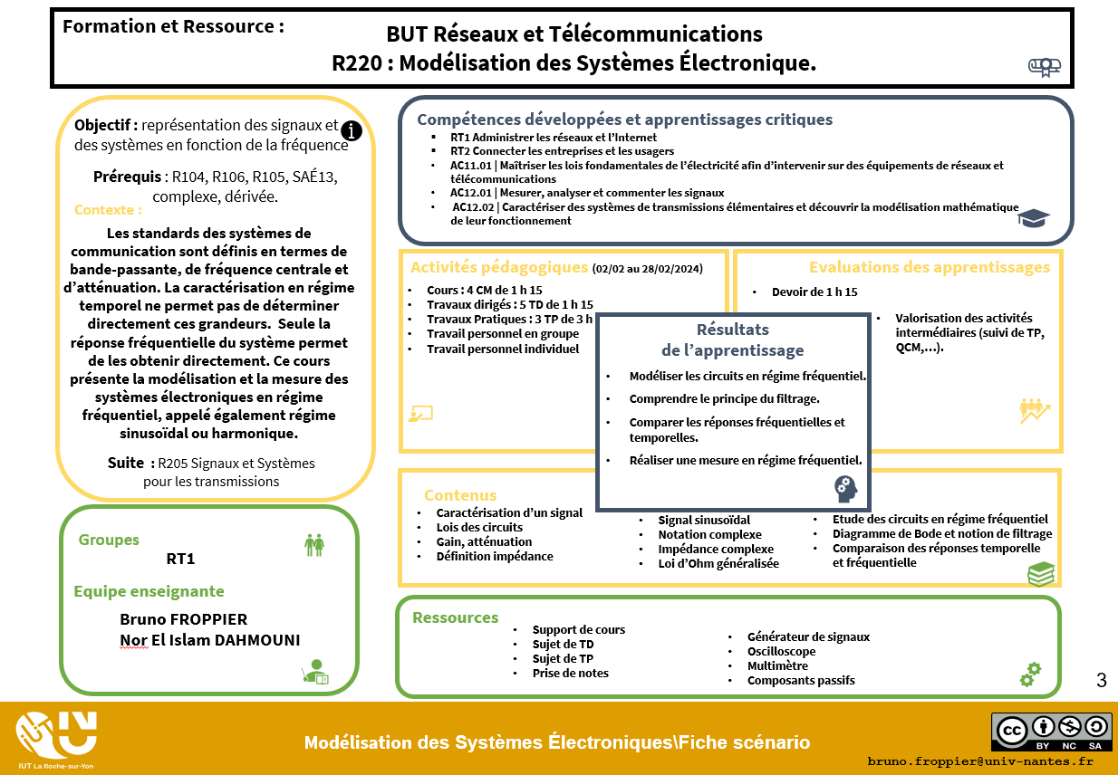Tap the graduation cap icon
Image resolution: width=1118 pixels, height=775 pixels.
click(x=1033, y=217)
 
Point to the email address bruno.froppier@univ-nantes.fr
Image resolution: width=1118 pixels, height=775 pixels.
click(x=980, y=761)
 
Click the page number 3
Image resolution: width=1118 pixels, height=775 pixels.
click(x=1101, y=681)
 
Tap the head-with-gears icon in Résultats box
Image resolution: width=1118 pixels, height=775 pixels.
click(x=845, y=489)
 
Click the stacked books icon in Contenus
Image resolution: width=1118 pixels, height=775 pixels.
click(x=1040, y=573)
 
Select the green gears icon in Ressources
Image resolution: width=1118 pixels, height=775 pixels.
click(x=1030, y=675)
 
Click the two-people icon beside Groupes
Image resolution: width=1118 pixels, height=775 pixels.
click(x=314, y=544)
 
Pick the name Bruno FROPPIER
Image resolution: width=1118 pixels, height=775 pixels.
click(x=183, y=619)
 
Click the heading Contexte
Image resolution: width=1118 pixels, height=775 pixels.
click(x=108, y=210)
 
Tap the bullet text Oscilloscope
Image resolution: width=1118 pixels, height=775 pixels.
click(x=781, y=651)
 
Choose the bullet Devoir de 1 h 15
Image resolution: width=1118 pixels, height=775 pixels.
click(x=814, y=292)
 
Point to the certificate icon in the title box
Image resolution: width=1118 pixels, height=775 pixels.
click(x=1044, y=66)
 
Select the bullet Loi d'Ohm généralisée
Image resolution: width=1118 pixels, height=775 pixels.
click(x=718, y=563)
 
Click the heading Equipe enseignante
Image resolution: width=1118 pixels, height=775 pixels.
click(x=149, y=591)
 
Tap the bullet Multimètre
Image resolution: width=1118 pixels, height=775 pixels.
click(x=777, y=665)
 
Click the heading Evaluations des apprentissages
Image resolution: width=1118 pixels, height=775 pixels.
click(x=929, y=267)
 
